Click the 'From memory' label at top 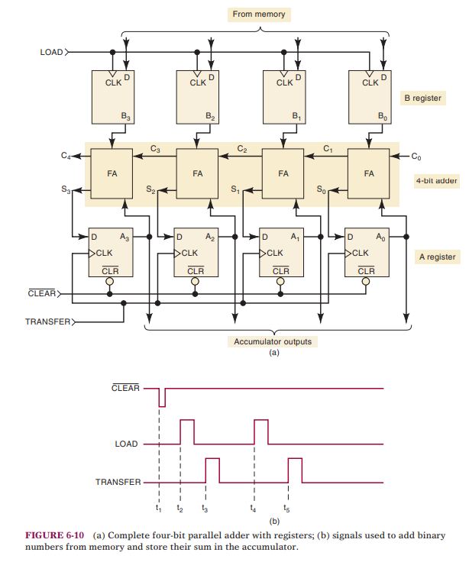point(258,15)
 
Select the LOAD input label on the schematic point(52,53)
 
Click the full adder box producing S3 point(112,173)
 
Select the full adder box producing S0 point(370,173)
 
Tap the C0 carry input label point(416,157)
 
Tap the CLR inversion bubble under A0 point(366,281)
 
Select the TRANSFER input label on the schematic point(47,322)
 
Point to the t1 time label point(158,508)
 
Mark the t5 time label point(286,508)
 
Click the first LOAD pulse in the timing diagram point(186,431)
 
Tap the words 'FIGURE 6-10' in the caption point(54,535)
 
